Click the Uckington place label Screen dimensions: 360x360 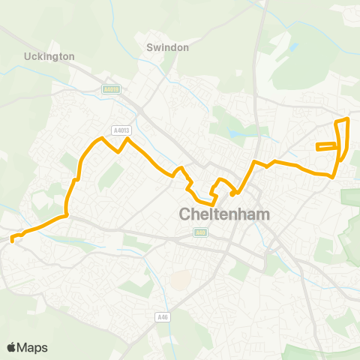(x=49, y=56)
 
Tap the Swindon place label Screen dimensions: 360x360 (x=167, y=46)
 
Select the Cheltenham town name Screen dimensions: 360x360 (x=224, y=214)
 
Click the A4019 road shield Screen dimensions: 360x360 (x=111, y=88)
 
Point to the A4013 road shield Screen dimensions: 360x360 (x=120, y=129)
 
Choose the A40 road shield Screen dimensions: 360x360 (x=199, y=233)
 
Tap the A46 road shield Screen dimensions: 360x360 (x=162, y=317)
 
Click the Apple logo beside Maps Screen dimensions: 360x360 (x=12, y=347)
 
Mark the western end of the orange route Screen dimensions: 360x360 (x=13, y=240)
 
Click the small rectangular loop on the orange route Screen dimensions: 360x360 (x=327, y=146)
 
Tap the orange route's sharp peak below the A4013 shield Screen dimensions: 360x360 (x=127, y=139)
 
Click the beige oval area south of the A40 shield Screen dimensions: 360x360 (x=179, y=280)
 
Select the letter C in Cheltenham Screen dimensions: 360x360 (x=186, y=214)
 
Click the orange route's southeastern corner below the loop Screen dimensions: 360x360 (x=332, y=176)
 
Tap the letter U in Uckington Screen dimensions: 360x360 (x=28, y=56)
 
